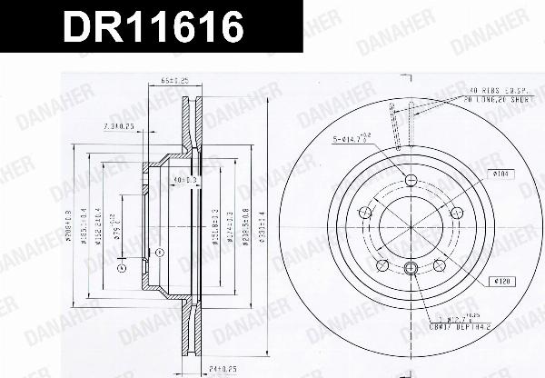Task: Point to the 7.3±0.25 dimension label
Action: tap(120, 125)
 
